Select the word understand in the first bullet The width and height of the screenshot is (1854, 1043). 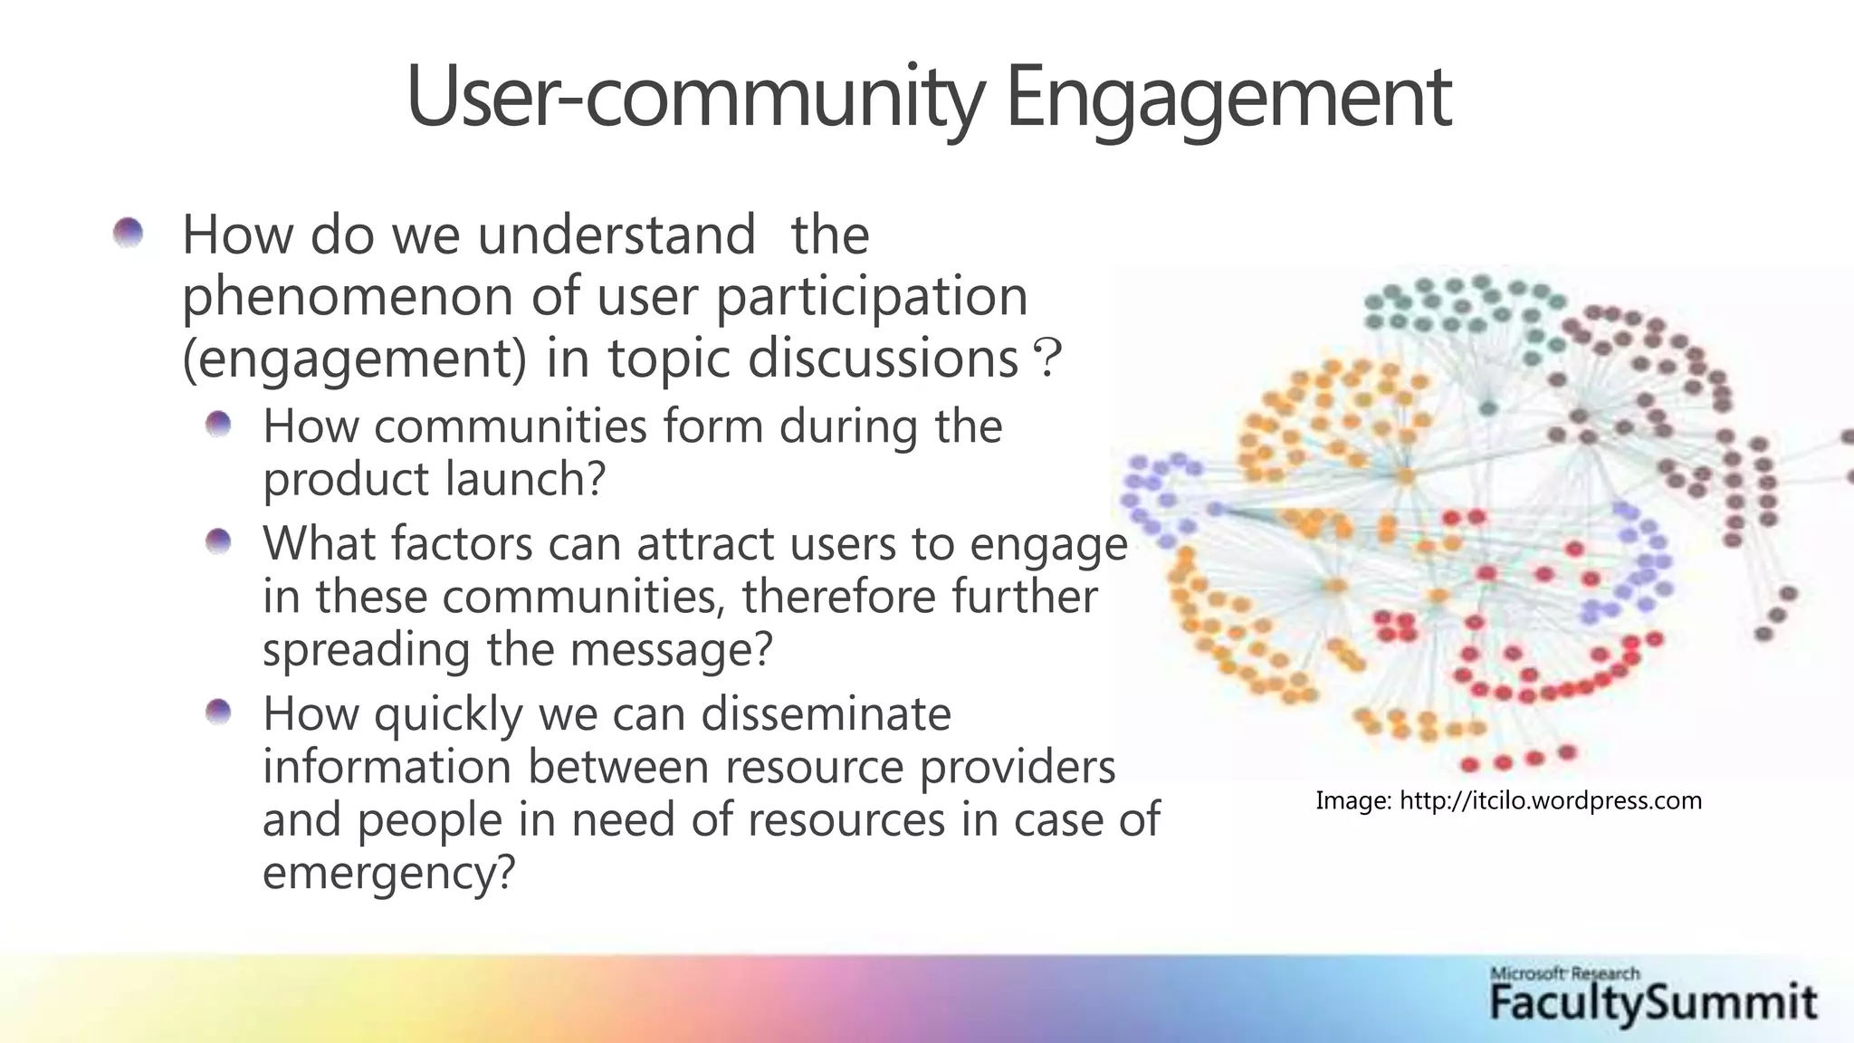(x=616, y=235)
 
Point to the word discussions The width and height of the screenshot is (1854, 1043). (x=883, y=359)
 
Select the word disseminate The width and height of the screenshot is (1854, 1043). (x=826, y=713)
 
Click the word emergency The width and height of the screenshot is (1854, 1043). (x=388, y=873)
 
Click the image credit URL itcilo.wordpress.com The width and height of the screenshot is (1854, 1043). (x=1550, y=800)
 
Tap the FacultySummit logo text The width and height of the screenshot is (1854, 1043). (x=1653, y=1003)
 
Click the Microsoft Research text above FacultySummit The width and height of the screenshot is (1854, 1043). (x=1564, y=974)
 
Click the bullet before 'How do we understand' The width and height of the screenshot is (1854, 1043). (x=129, y=234)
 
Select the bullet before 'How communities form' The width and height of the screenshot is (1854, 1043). (x=218, y=424)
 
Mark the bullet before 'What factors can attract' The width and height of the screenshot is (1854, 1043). (x=218, y=542)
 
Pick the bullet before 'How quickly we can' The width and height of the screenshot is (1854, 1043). (x=218, y=713)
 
